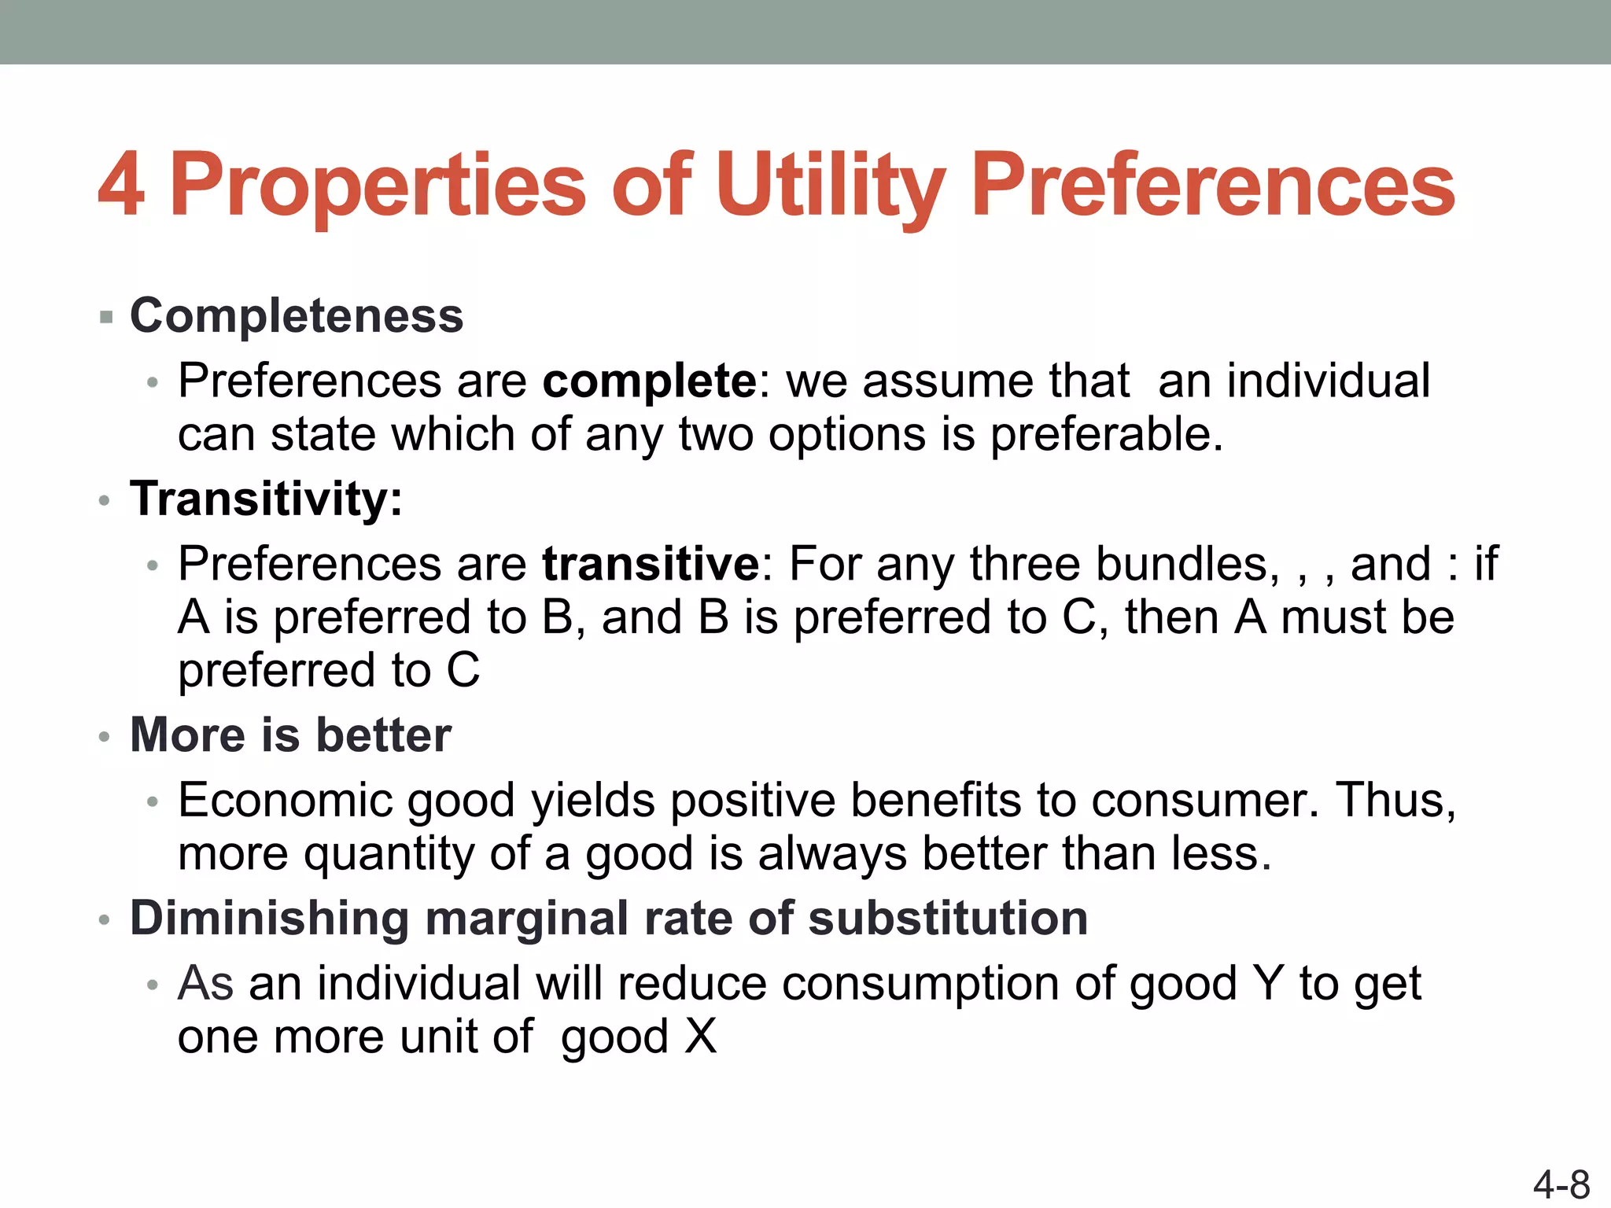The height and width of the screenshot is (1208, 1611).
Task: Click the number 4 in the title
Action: pyautogui.click(x=121, y=186)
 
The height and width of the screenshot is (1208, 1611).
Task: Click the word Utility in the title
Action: pyautogui.click(x=830, y=186)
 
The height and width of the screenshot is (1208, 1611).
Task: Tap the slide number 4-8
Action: pyautogui.click(x=1561, y=1184)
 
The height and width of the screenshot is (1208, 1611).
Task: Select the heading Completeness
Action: pyautogui.click(x=297, y=316)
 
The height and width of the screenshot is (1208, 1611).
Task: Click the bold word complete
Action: pyautogui.click(x=650, y=381)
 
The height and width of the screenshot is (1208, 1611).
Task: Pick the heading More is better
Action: pyautogui.click(x=290, y=735)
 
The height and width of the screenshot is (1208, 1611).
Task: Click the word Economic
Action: pyautogui.click(x=285, y=801)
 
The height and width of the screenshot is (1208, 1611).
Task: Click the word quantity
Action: pyautogui.click(x=389, y=854)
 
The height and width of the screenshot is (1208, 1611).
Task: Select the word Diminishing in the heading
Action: pyautogui.click(x=270, y=919)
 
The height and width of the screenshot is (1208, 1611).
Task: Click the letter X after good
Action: pyautogui.click(x=700, y=1037)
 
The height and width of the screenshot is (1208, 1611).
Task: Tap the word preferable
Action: pyautogui.click(x=1105, y=435)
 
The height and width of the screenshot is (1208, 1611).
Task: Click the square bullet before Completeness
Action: pyautogui.click(x=107, y=318)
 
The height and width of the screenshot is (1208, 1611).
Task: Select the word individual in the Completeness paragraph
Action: pyautogui.click(x=1329, y=381)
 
